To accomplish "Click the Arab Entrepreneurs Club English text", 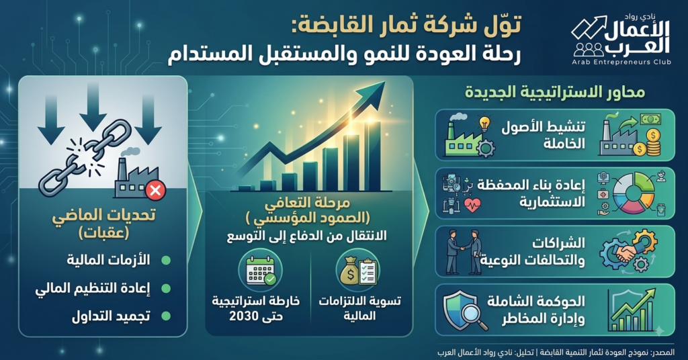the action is coord(621,62).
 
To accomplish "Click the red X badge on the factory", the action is coord(155,190).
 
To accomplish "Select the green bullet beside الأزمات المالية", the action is coord(166,261).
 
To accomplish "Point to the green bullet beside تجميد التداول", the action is coord(166,316).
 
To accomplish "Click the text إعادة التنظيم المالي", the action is coord(93,289).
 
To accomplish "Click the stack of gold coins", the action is coord(653,142).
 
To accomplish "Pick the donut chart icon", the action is coord(633,193).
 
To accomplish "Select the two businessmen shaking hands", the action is coord(464,252).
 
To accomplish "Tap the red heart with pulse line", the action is coord(472,205).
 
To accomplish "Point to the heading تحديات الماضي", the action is coord(104,216).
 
